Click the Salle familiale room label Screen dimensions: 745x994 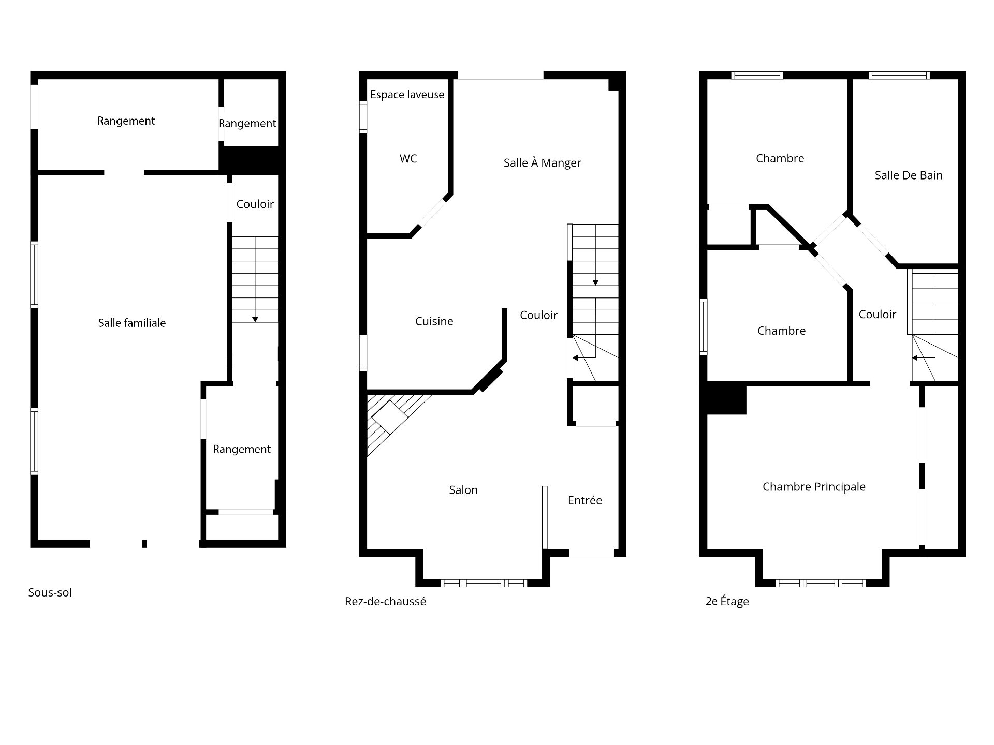132,323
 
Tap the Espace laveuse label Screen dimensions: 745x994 407,94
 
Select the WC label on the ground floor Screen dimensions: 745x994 408,159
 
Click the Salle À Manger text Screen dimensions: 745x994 542,163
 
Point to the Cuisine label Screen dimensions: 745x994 434,321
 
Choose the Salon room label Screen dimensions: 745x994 463,490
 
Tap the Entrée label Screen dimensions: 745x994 584,500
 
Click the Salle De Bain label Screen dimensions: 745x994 908,175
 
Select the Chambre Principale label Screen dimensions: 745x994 814,487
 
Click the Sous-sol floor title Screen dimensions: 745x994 50,592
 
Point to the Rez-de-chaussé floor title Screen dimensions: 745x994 385,601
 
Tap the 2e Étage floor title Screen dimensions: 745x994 727,601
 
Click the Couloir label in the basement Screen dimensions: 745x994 255,204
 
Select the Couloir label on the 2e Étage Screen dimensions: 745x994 877,314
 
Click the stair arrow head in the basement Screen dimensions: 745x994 255,320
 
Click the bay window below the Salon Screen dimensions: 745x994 484,583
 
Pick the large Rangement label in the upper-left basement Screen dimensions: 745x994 126,121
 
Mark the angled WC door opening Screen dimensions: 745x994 432,213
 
